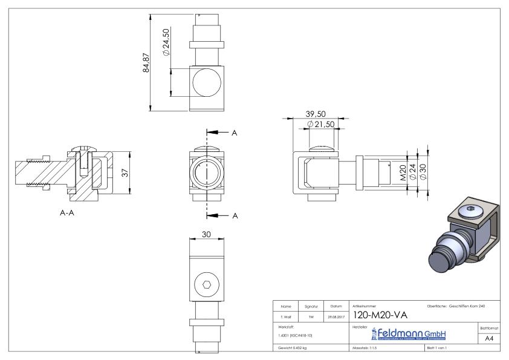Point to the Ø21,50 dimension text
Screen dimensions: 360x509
pyautogui.click(x=321, y=124)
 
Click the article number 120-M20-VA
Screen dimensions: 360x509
pyautogui.click(x=378, y=315)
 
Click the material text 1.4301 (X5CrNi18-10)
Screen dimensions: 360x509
pyautogui.click(x=294, y=335)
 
